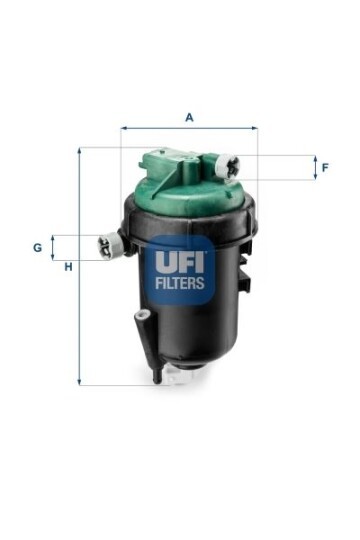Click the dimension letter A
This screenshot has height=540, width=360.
189,117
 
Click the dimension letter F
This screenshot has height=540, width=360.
325,168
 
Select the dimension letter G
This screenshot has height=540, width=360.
37,247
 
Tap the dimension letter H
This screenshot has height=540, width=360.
69,266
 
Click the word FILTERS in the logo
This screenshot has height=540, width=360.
180,283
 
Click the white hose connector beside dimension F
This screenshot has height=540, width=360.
227,166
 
